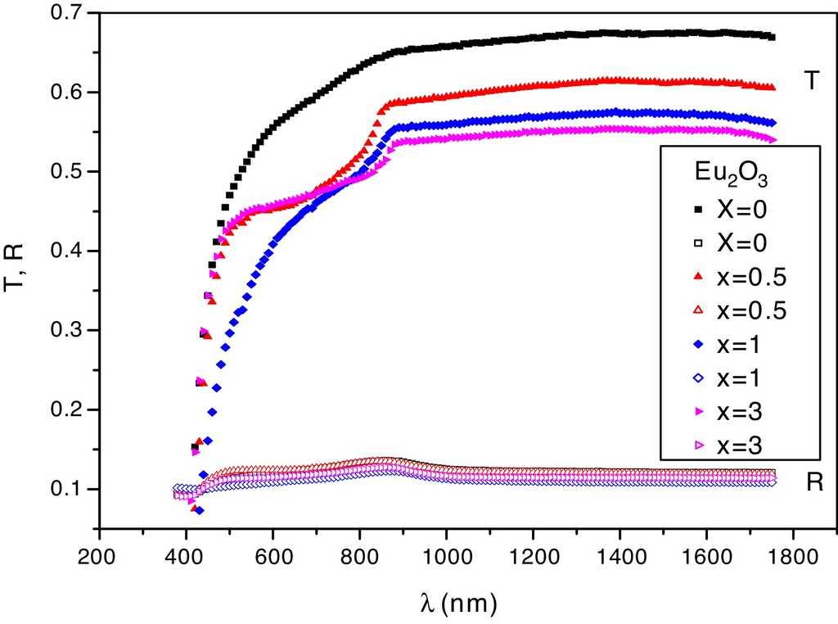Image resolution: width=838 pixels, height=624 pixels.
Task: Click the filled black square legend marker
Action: click(x=698, y=210)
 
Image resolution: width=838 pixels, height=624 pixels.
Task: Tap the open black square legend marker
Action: click(x=698, y=244)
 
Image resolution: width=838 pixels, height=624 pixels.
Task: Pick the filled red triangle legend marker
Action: click(x=698, y=278)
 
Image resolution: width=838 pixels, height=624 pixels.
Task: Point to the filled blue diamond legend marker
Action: click(x=698, y=345)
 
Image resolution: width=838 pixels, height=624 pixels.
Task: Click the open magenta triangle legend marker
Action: click(x=698, y=446)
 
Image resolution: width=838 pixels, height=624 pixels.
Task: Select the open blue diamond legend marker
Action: click(x=698, y=378)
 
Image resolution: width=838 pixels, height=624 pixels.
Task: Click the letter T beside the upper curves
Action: click(x=811, y=80)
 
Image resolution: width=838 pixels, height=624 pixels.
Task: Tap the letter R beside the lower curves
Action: click(x=813, y=483)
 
